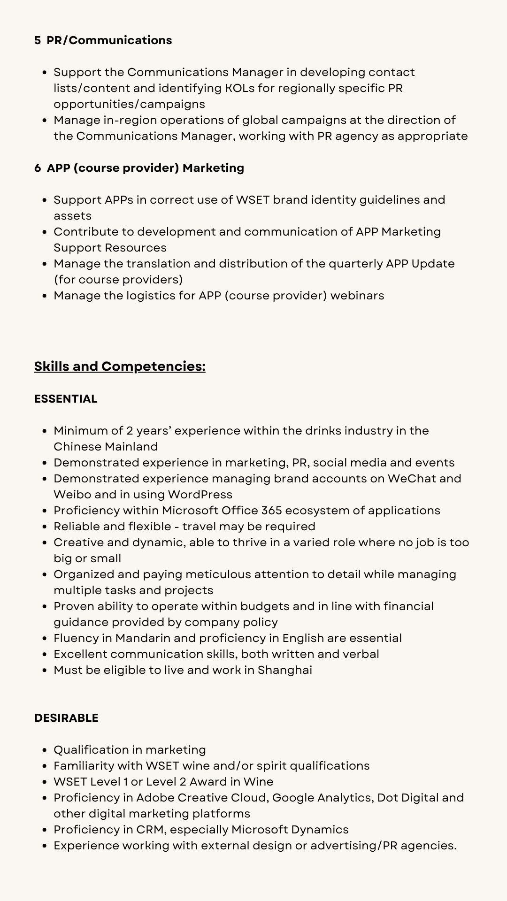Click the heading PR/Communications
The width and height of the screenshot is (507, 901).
pos(109,40)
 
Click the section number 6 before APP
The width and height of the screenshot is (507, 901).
pos(37,168)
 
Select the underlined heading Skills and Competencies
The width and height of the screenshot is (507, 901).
pos(120,367)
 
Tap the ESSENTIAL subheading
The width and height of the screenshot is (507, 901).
pos(66,399)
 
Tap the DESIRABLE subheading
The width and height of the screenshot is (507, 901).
pos(66,718)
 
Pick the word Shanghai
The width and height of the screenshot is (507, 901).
pos(284,670)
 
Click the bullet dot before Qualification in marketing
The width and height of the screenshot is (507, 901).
pos(45,750)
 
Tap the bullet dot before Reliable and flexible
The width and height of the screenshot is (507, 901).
pos(45,527)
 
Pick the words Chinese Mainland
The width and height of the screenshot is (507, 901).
pos(106,447)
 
